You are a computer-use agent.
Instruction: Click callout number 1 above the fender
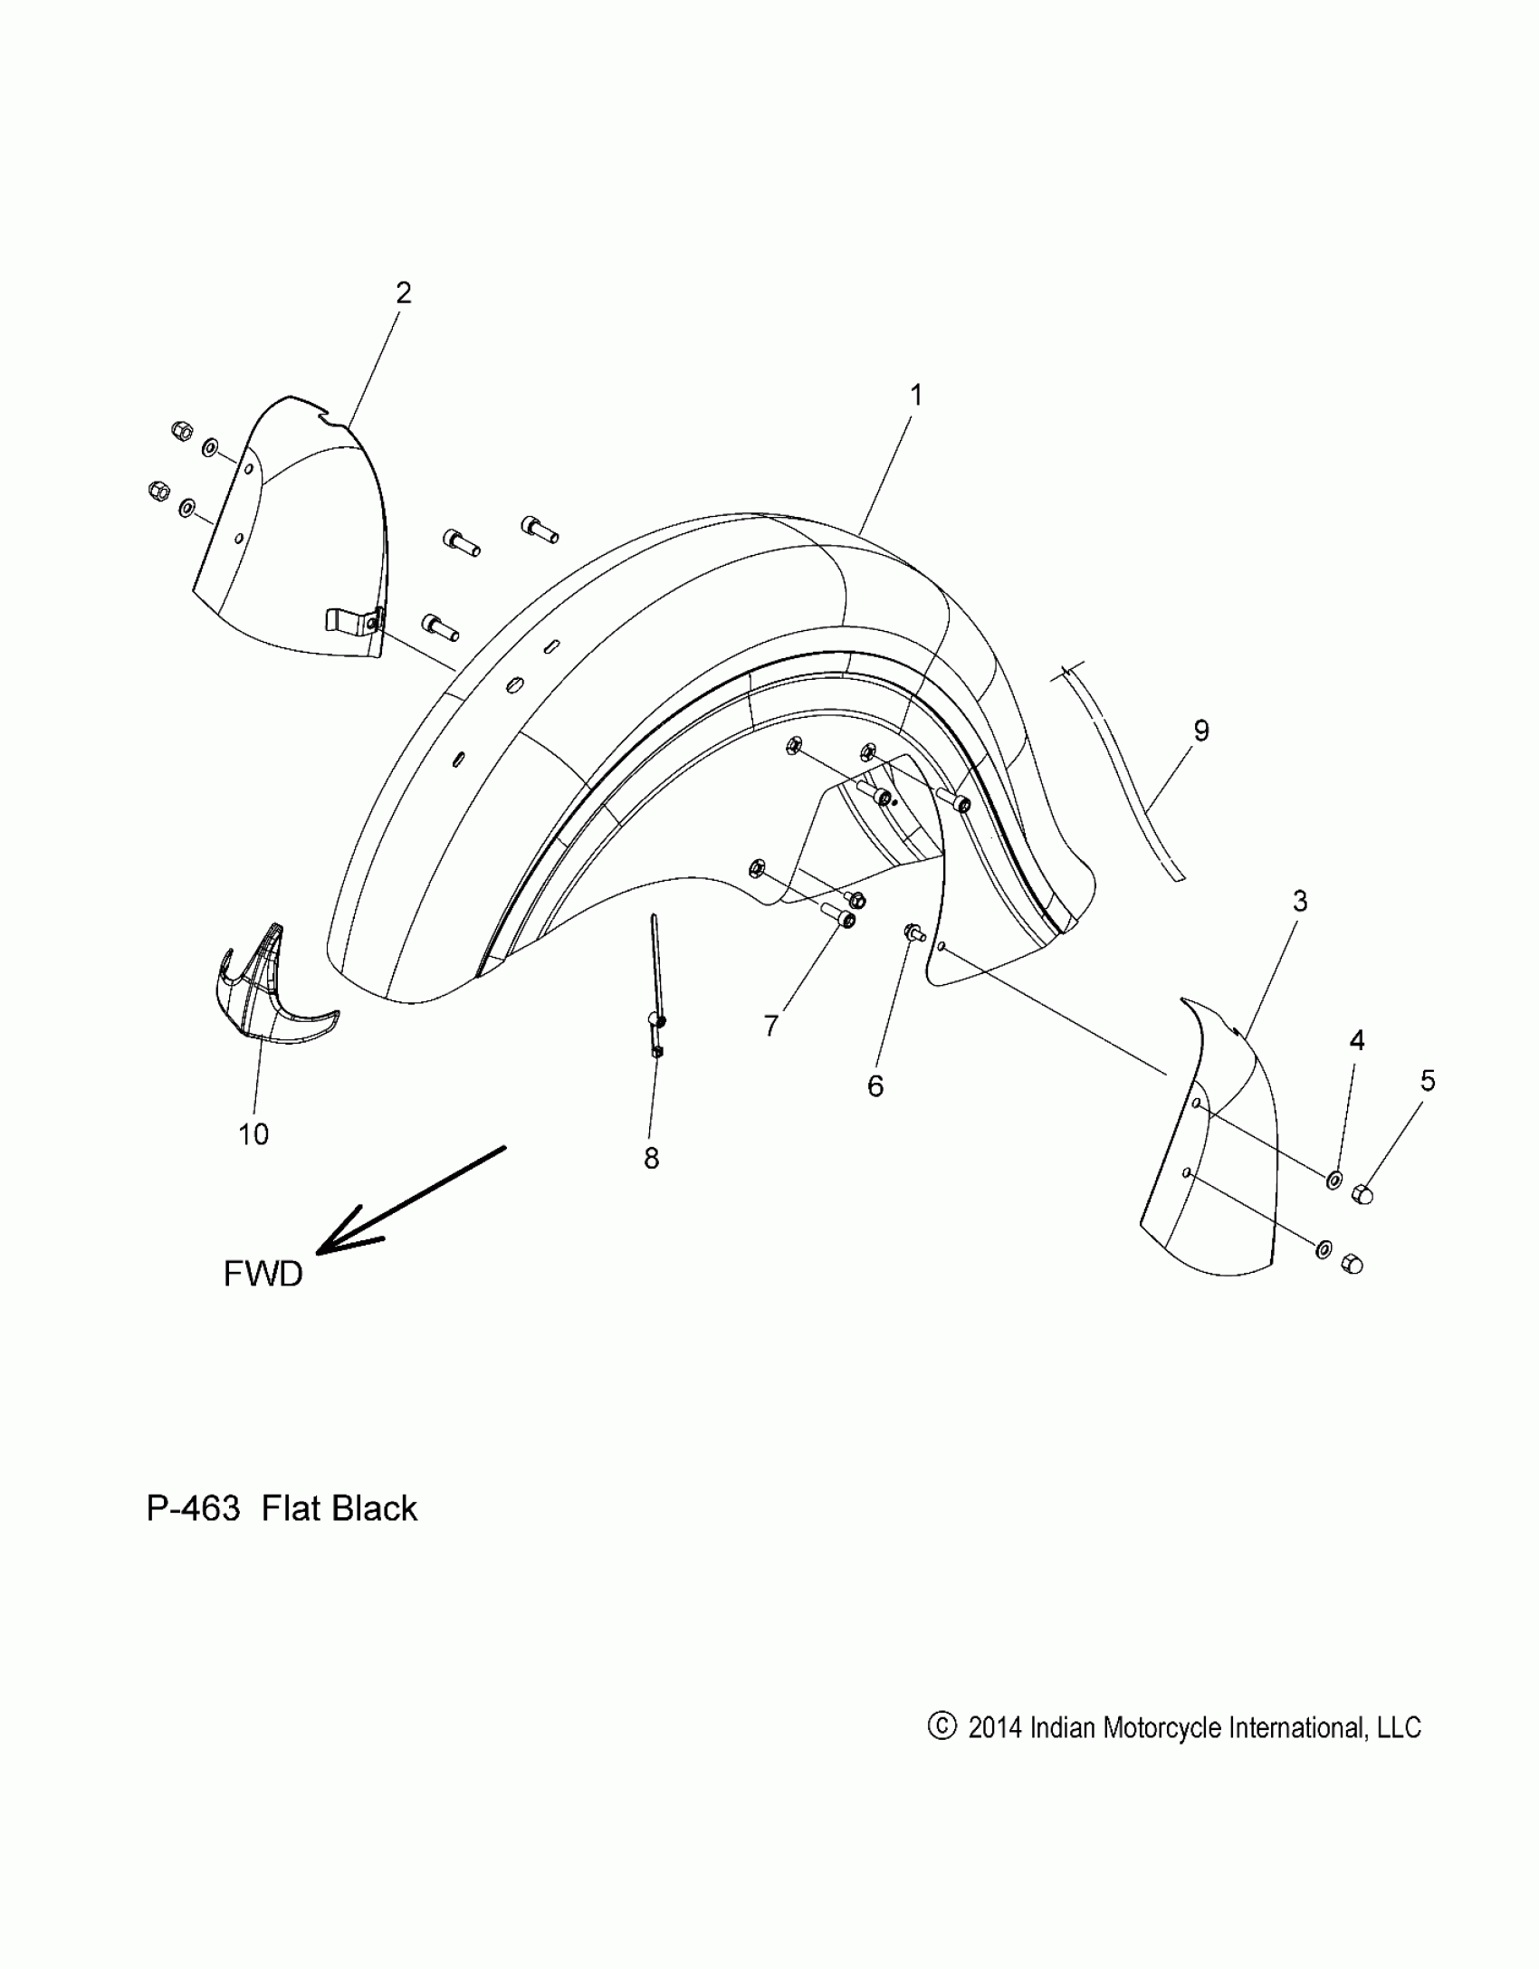click(916, 396)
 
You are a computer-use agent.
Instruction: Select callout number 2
click(404, 292)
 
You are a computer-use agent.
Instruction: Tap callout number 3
click(1300, 901)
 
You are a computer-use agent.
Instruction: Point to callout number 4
click(1357, 1040)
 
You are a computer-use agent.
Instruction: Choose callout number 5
click(1428, 1080)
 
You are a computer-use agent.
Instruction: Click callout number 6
click(875, 1085)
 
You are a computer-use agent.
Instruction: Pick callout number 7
click(771, 1026)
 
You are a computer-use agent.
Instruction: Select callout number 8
click(652, 1158)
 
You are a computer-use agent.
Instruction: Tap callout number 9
click(1201, 731)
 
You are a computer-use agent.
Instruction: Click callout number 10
click(254, 1133)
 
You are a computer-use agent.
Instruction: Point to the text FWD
click(263, 1275)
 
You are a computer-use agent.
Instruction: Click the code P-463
click(193, 1508)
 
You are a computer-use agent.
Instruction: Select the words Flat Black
click(339, 1508)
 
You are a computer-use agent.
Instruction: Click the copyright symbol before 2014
click(942, 1726)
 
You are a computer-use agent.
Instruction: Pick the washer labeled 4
click(1334, 1180)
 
